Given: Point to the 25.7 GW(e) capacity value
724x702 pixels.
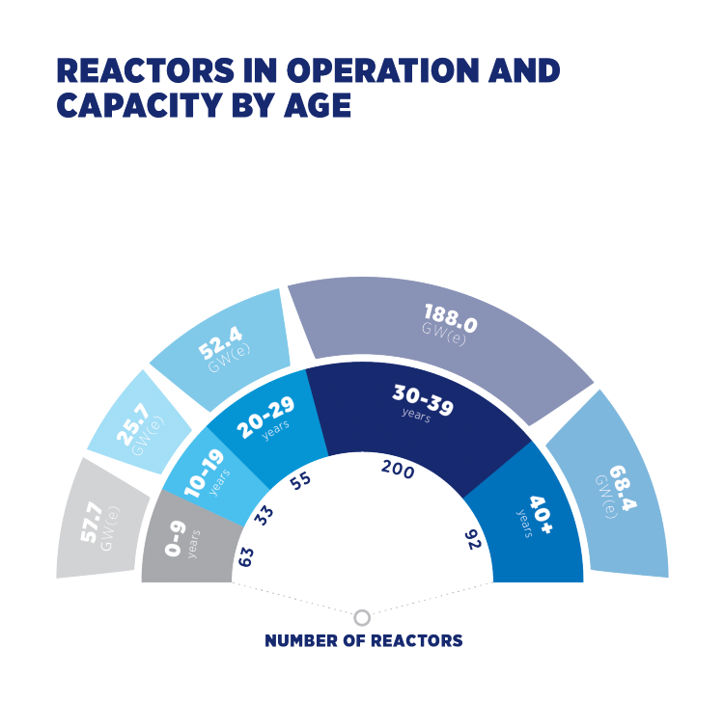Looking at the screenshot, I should click(142, 424).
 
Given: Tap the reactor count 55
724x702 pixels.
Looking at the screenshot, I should click(302, 481).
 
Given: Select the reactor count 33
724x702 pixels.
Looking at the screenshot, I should click(264, 515).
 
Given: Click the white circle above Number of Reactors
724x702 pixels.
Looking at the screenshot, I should click(363, 617).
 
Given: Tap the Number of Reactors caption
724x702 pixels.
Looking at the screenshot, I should click(363, 640).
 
